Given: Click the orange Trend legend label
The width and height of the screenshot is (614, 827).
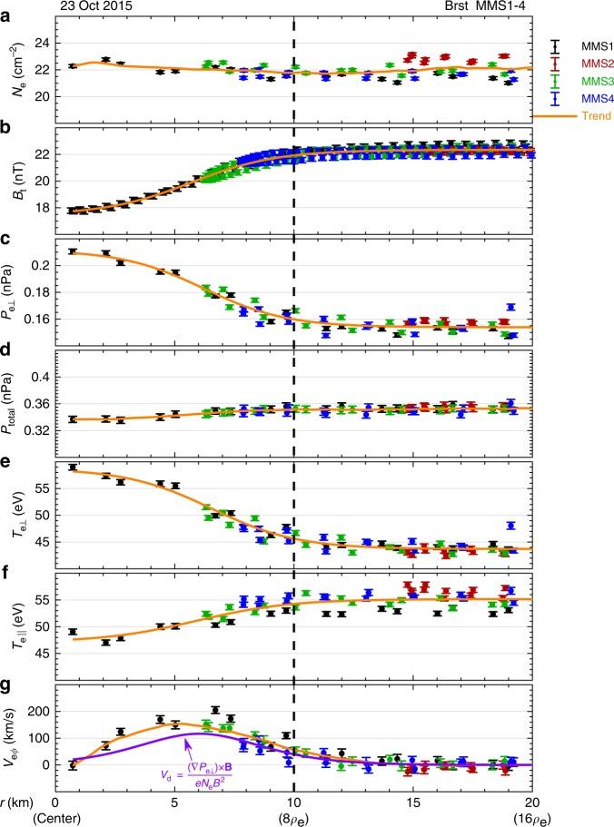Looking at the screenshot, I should pos(580,116).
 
